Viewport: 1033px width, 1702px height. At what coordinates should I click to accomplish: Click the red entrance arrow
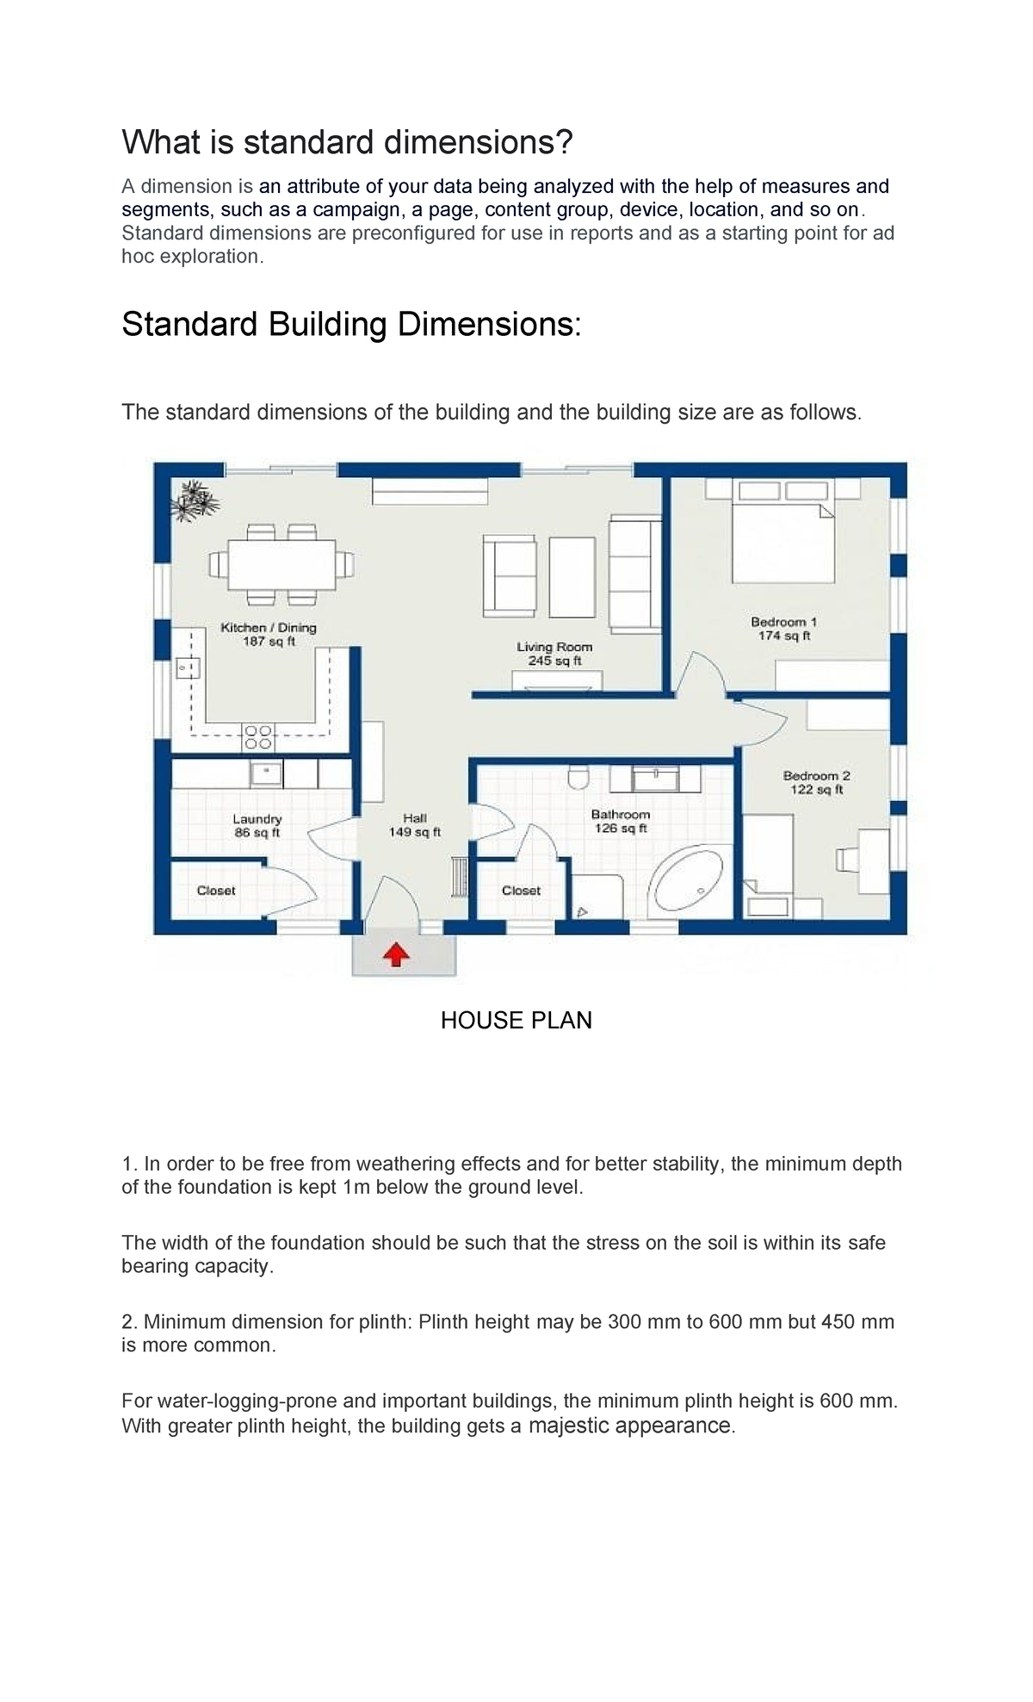click(x=395, y=954)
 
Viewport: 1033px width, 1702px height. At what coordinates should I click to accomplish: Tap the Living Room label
click(x=554, y=647)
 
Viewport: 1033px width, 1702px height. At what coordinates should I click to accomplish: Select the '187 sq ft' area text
click(x=269, y=642)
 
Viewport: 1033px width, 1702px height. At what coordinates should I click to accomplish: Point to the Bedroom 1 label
click(x=783, y=622)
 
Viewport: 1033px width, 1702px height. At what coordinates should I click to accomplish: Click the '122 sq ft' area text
click(x=817, y=790)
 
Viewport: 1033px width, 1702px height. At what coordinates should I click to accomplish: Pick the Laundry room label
click(x=257, y=819)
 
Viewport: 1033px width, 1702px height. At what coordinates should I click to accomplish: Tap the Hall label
click(x=415, y=818)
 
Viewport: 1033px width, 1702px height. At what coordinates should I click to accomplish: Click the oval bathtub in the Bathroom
click(x=685, y=883)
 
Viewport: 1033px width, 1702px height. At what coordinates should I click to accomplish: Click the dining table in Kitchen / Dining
click(x=281, y=564)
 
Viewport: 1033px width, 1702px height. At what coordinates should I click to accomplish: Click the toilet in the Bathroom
click(x=578, y=777)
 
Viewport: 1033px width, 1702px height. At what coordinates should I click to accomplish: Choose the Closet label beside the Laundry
click(x=216, y=891)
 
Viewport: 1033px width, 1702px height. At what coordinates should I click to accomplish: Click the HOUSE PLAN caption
click(x=516, y=1021)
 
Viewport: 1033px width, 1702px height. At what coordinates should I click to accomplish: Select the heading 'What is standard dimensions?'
click(x=347, y=142)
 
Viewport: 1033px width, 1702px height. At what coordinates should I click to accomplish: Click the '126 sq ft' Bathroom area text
click(x=621, y=829)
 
